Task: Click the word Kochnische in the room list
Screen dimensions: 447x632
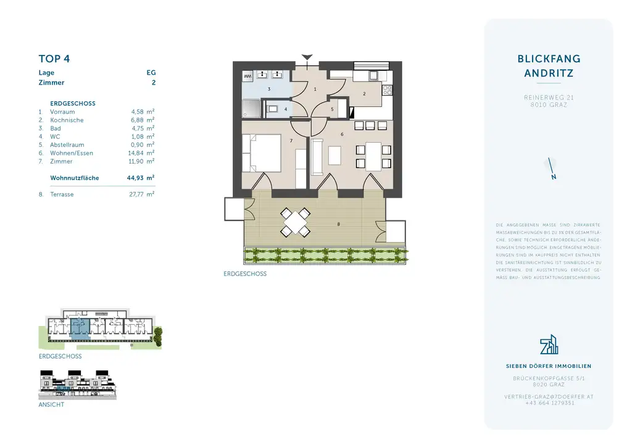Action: pyautogui.click(x=67, y=120)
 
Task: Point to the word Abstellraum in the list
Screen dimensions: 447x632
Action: pyautogui.click(x=67, y=144)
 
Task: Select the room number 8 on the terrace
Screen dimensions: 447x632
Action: pyautogui.click(x=338, y=224)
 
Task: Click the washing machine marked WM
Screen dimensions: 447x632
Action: pyautogui.click(x=247, y=75)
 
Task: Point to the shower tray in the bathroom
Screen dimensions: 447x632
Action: pyautogui.click(x=251, y=109)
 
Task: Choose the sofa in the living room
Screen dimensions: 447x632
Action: pyautogui.click(x=317, y=156)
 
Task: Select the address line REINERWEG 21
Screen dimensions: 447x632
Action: pyautogui.click(x=549, y=98)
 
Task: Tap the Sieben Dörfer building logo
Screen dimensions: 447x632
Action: pyautogui.click(x=549, y=346)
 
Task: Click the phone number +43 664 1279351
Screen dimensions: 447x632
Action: pyautogui.click(x=549, y=403)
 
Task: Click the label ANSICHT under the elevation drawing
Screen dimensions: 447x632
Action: pyautogui.click(x=51, y=405)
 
